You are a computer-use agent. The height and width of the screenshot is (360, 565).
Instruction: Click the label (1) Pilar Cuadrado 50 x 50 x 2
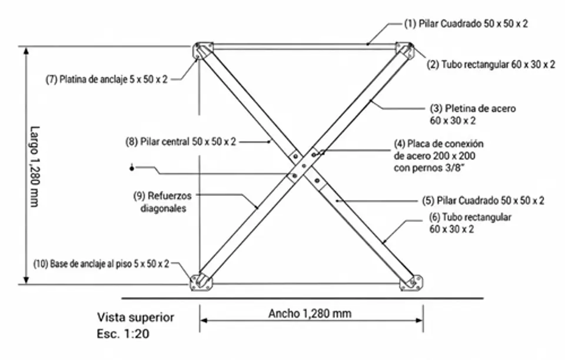coord(466,24)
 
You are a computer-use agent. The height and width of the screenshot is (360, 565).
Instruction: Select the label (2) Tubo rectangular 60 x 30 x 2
coord(491,65)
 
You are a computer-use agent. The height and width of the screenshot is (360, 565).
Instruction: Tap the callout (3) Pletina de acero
coord(473,115)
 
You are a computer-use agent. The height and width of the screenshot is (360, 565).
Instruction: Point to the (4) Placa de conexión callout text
coord(438,156)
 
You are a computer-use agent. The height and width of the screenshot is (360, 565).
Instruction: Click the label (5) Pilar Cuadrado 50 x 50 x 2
coord(483,201)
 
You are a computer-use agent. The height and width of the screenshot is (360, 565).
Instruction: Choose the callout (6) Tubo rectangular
coord(470,223)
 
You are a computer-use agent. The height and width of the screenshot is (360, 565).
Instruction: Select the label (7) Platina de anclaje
coord(107,79)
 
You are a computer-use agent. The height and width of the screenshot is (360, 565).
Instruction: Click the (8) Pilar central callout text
coord(181,142)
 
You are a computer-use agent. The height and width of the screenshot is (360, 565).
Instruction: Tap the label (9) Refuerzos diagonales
coord(162,202)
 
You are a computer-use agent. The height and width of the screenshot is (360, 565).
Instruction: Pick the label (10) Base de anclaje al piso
coord(101,264)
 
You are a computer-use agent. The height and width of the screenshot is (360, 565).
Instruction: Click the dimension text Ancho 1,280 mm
coord(310,314)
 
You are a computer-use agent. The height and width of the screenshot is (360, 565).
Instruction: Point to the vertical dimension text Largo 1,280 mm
coord(34,166)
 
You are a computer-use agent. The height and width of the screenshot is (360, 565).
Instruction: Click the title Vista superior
coord(135,317)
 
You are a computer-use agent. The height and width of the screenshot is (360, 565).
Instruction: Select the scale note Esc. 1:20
coord(123,334)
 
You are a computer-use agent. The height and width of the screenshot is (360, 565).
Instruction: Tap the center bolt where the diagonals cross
coord(304,166)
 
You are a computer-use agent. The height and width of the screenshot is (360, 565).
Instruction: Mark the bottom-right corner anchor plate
coord(411,282)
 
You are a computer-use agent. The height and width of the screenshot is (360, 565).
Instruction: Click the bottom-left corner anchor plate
coord(201,282)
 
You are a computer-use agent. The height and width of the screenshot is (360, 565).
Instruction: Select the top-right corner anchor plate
coord(405,51)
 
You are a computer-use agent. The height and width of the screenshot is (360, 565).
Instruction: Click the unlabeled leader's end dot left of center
coord(132,168)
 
